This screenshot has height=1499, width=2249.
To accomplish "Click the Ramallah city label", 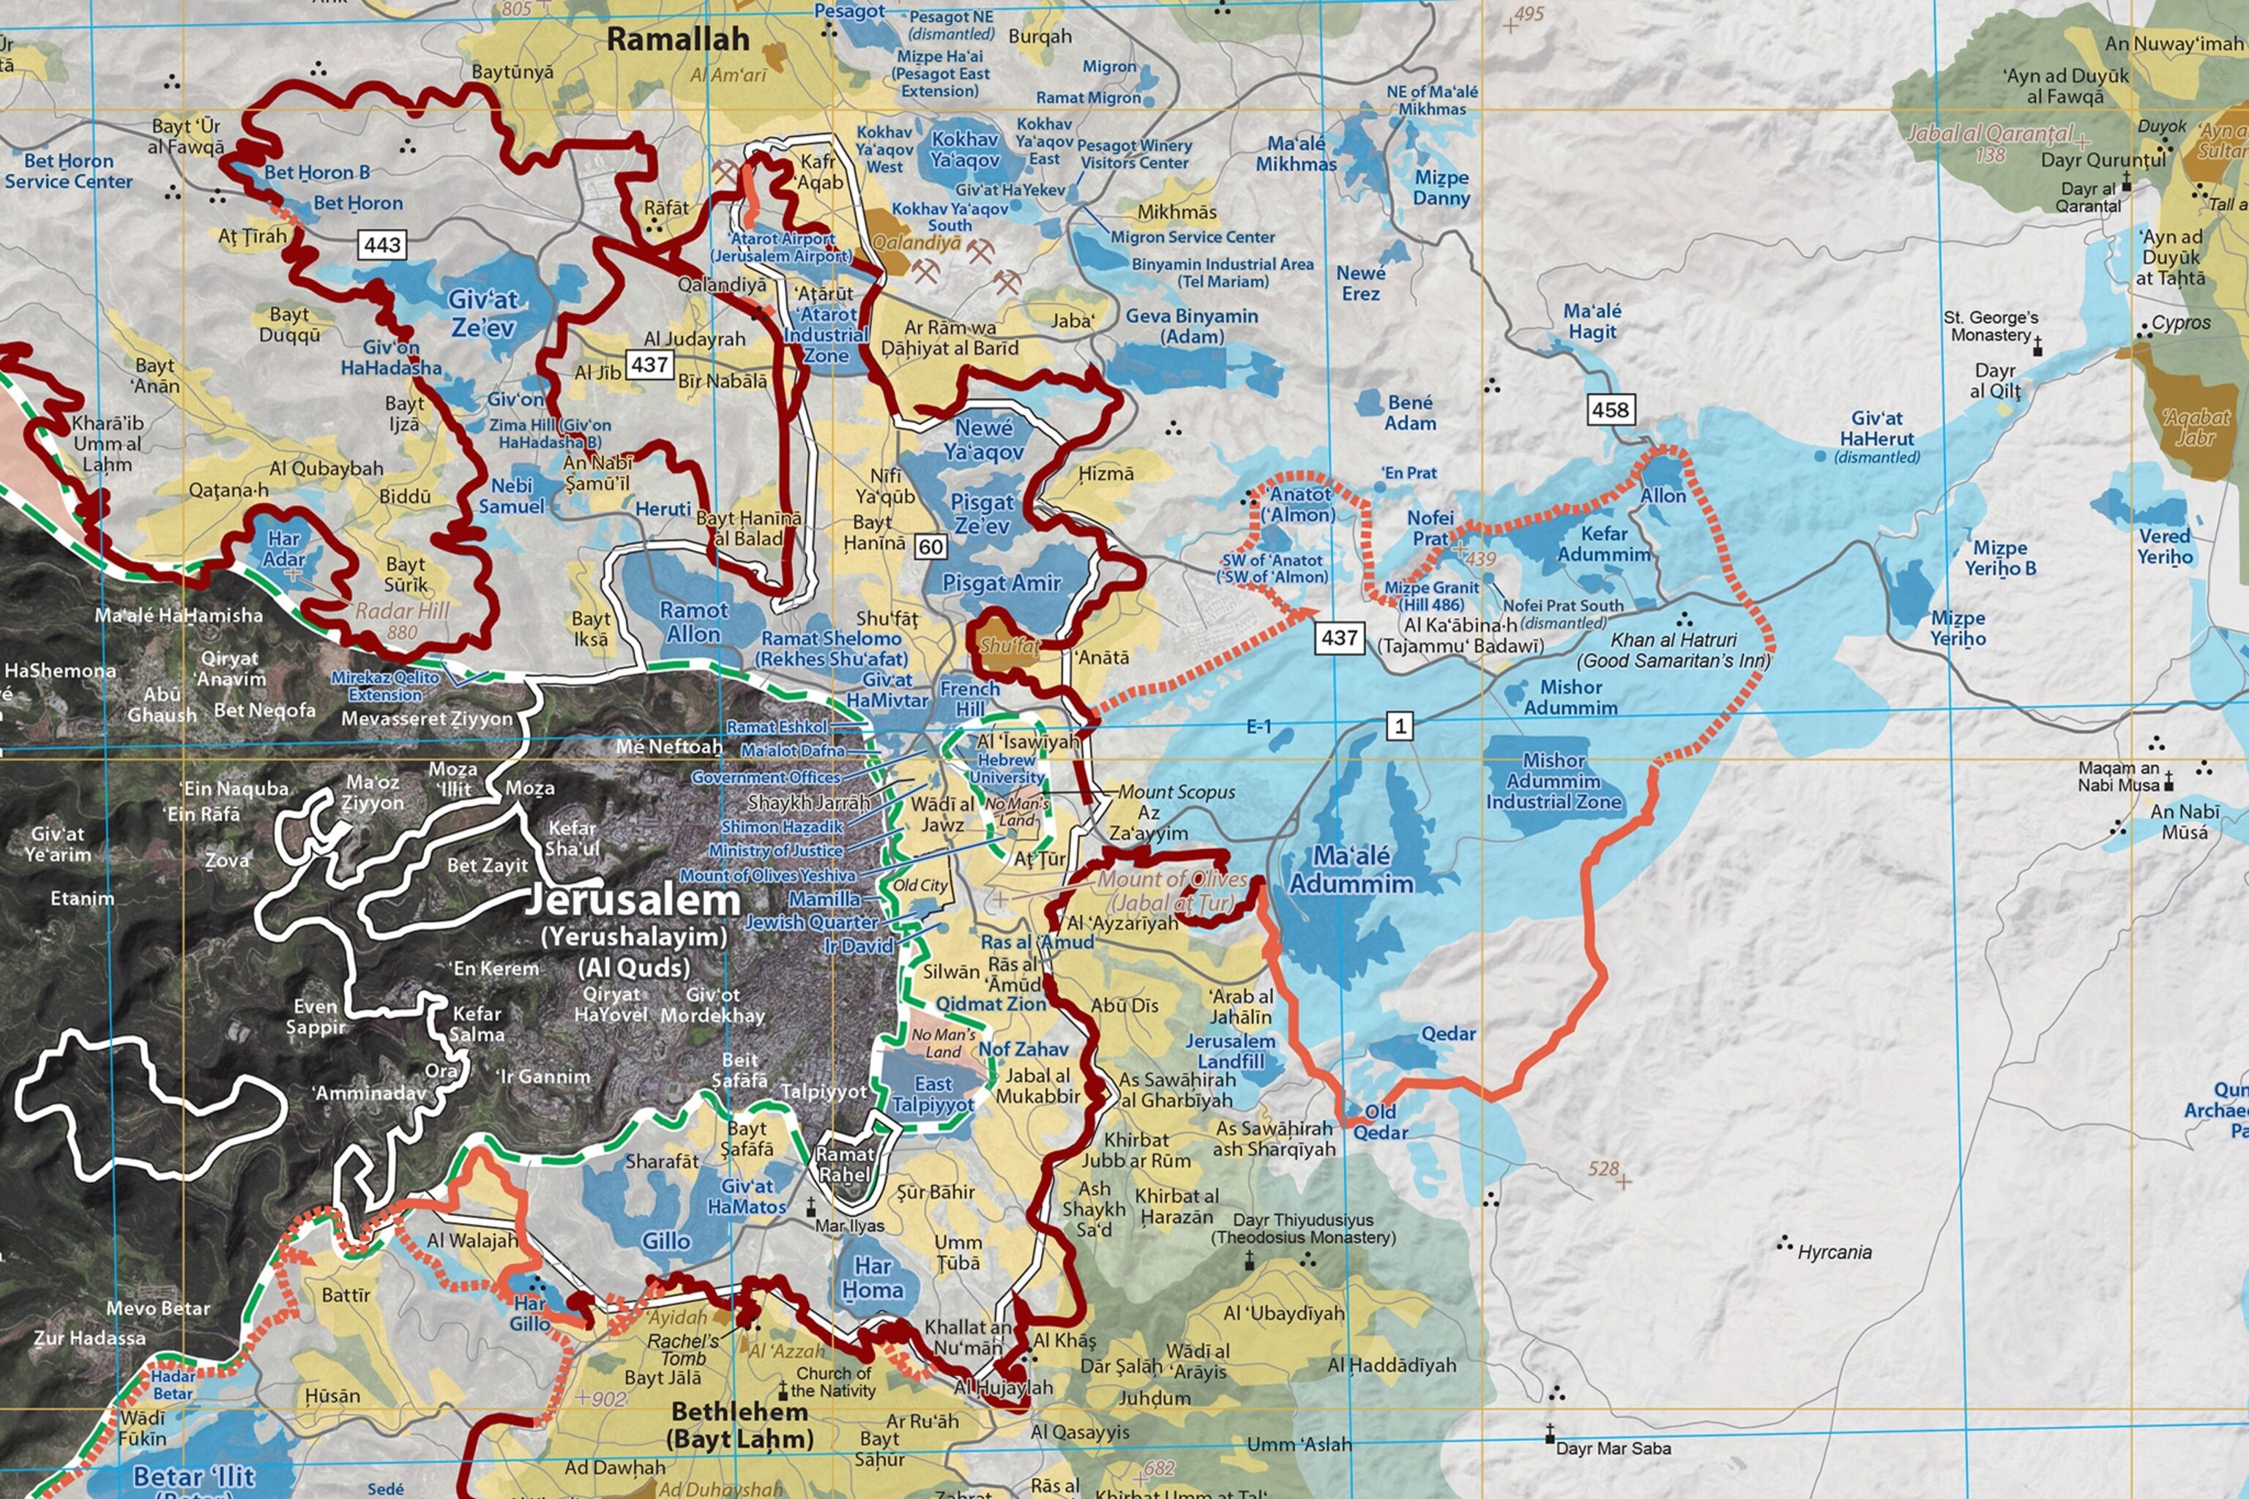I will [678, 40].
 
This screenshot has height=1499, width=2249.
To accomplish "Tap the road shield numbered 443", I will [382, 244].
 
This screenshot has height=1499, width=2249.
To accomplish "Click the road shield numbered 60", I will [930, 547].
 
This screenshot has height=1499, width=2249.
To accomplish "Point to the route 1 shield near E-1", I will [1400, 725].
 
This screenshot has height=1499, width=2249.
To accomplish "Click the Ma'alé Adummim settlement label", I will [1351, 869].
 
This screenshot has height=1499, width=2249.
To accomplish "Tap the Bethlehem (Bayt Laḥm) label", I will [739, 1424].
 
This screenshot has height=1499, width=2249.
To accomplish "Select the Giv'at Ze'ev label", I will [483, 313].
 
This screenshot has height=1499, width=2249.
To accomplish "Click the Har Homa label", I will [872, 1277].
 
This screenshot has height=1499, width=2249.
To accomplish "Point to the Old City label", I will [920, 885].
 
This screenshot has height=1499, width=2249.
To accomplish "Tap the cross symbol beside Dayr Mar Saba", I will [1550, 1434].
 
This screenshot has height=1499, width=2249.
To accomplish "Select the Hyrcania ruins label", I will [1834, 1252].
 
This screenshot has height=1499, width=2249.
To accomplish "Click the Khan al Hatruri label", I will [1674, 650].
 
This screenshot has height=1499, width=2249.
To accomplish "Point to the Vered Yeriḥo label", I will [2165, 546].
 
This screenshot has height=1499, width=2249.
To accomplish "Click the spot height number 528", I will [1603, 1168].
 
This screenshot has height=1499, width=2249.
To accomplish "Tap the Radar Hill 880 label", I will [402, 619].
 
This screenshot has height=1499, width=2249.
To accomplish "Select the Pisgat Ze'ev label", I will [981, 513].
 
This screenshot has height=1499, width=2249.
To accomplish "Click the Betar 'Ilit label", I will [194, 1478].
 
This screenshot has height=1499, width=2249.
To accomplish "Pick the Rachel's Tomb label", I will [683, 1349].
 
